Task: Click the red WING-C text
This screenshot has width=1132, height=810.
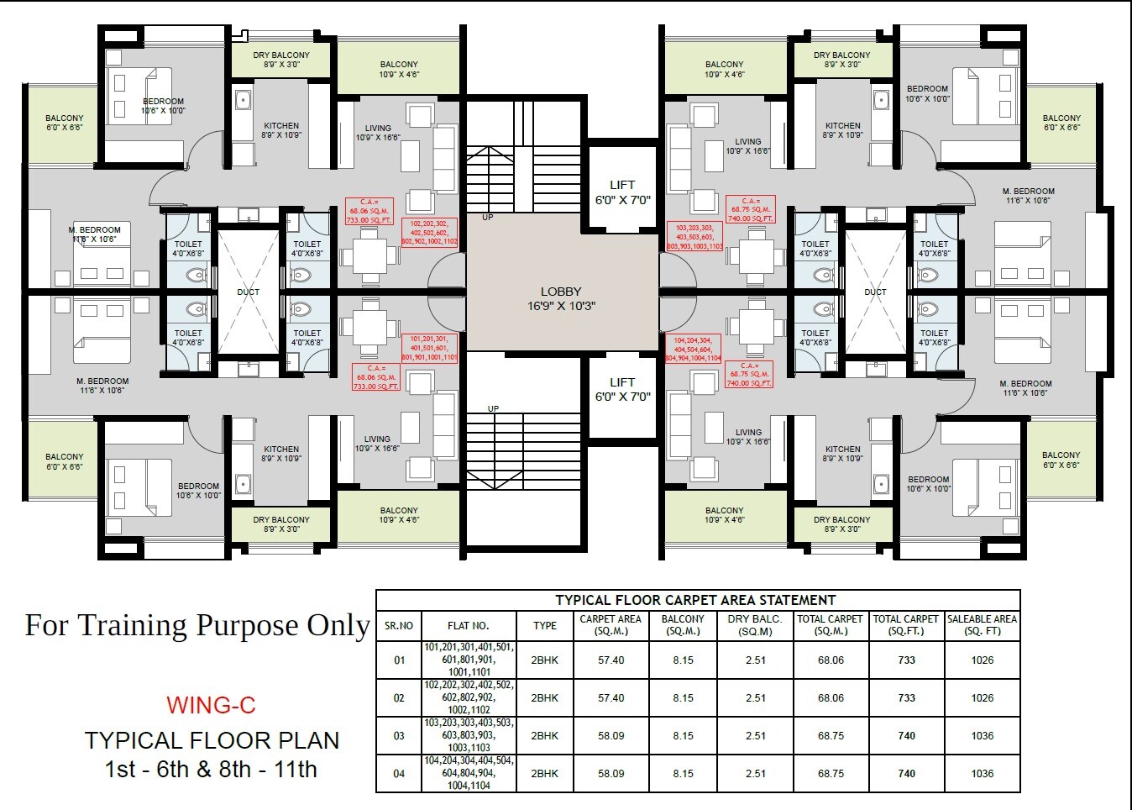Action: (211, 705)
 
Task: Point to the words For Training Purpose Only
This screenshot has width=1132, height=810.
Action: (197, 626)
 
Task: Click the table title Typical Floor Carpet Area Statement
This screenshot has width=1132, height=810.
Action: (695, 600)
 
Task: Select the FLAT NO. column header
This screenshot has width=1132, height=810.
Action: (468, 626)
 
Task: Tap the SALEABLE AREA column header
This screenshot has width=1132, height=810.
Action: (982, 625)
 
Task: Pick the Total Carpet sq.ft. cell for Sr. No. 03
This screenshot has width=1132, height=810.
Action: (906, 736)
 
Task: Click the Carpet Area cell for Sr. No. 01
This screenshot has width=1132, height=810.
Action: (611, 660)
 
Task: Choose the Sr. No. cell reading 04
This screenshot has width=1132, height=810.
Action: (399, 774)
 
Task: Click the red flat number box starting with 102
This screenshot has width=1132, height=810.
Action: (430, 233)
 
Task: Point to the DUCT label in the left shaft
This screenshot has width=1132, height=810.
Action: (248, 292)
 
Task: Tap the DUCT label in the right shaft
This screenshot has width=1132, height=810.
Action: (875, 292)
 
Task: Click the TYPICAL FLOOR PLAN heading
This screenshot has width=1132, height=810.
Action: (212, 740)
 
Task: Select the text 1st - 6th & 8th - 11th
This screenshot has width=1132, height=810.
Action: (211, 770)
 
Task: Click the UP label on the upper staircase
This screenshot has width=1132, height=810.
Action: (488, 218)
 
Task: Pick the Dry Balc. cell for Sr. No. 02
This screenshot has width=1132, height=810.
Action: (755, 698)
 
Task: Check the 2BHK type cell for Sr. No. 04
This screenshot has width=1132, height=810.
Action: (544, 774)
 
